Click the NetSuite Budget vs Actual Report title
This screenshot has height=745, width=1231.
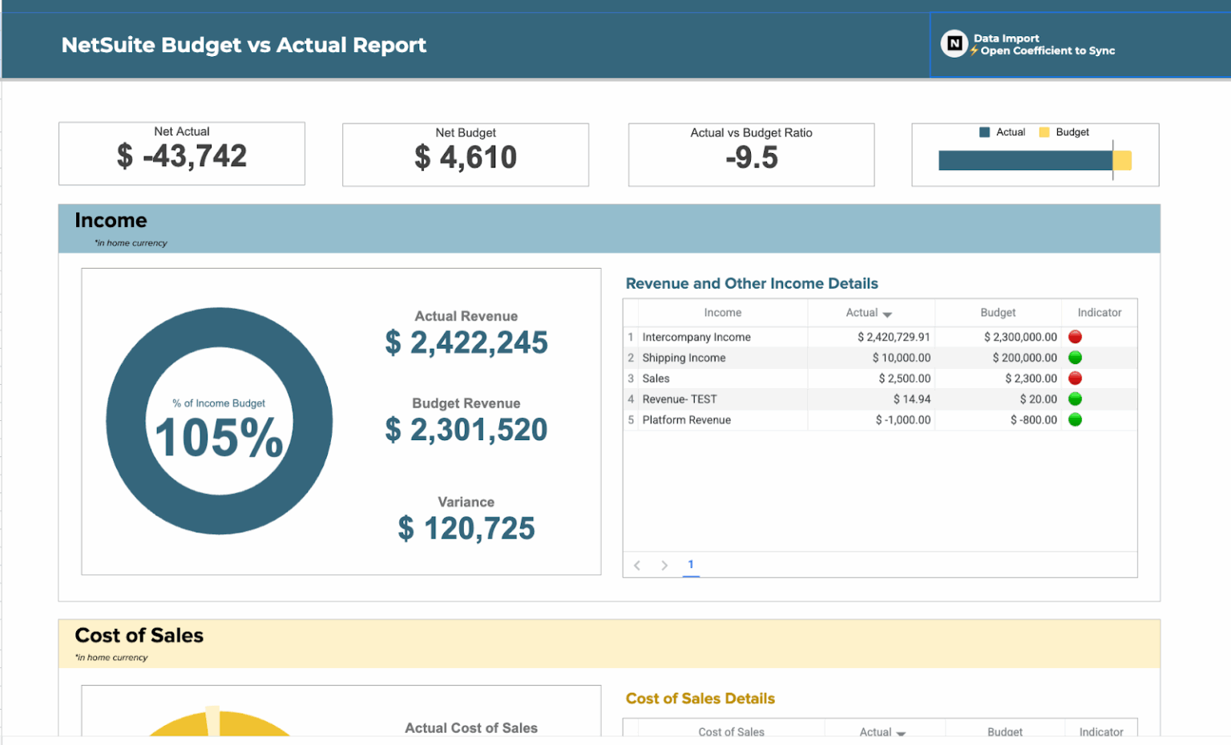click(244, 45)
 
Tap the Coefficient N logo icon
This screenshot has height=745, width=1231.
click(954, 43)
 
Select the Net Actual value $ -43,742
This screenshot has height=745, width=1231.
click(182, 156)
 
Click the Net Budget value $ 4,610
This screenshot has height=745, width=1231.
click(466, 157)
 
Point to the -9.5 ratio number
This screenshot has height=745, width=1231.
click(751, 158)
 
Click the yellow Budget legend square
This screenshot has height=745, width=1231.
click(1043, 132)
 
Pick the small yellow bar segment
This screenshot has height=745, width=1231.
click(1123, 160)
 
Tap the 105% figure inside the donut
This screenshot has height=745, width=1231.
click(219, 438)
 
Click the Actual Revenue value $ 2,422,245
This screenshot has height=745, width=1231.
click(466, 342)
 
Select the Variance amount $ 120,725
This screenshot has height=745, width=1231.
click(466, 528)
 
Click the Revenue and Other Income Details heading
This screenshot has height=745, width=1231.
click(751, 283)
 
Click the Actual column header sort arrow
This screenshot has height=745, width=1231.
click(887, 314)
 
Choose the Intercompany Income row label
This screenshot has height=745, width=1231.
click(696, 337)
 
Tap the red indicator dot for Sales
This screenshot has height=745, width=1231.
click(1075, 379)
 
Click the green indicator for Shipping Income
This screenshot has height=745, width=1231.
click(1075, 358)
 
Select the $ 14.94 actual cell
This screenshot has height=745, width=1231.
click(911, 399)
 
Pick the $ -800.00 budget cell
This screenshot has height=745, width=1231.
click(1033, 420)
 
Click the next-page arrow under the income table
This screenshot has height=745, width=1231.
click(664, 565)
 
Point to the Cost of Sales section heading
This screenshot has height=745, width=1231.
click(139, 635)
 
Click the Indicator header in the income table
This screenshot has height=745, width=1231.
click(1099, 313)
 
